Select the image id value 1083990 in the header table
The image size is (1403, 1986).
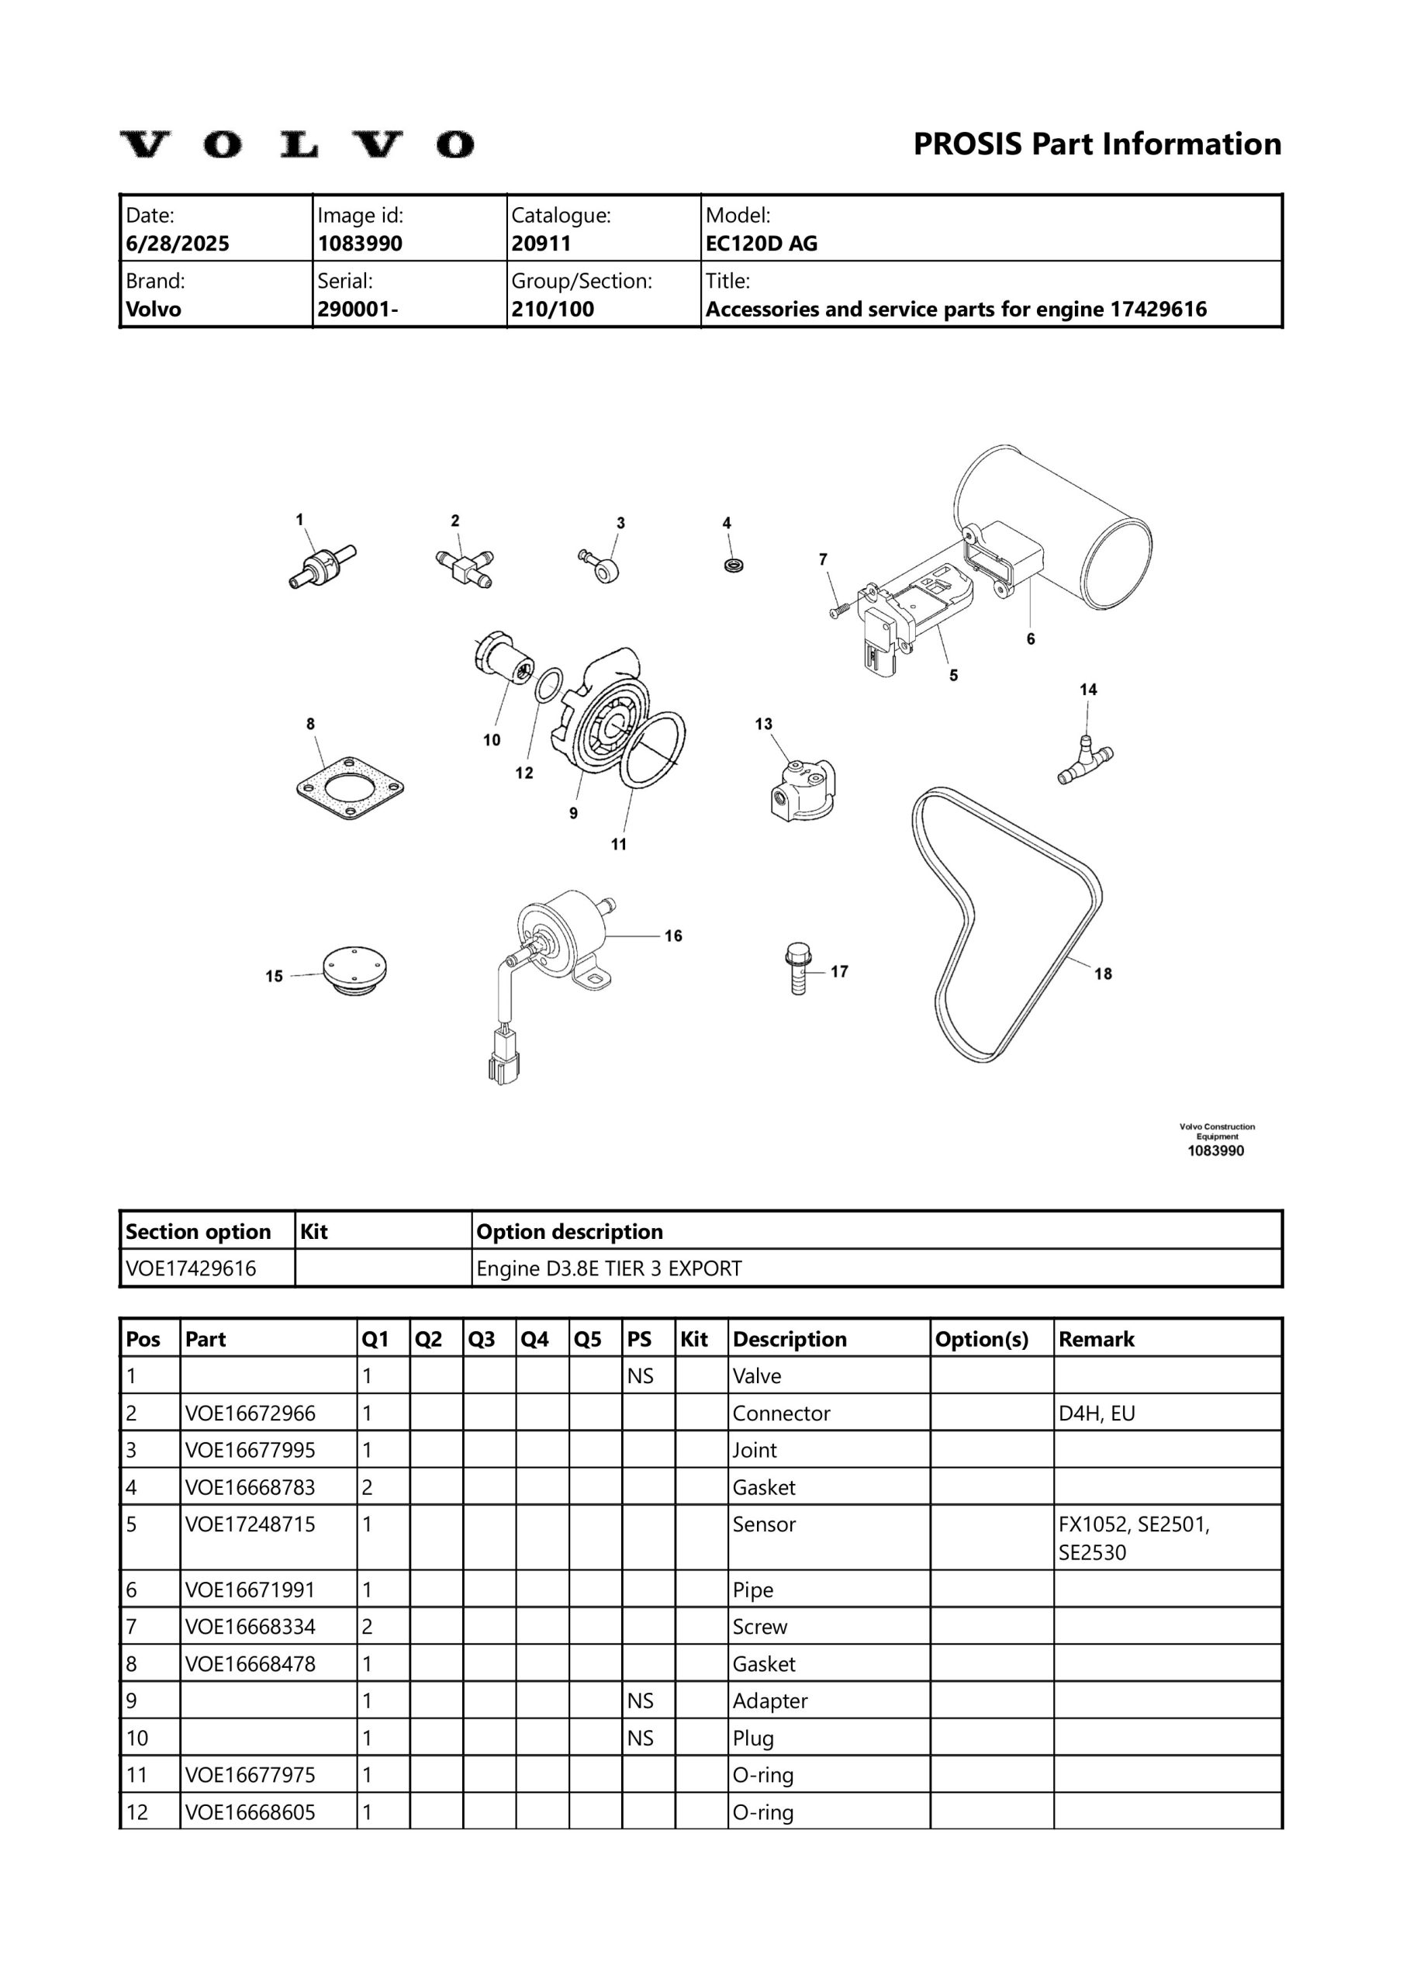tap(360, 244)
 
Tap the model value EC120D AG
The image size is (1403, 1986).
tap(761, 244)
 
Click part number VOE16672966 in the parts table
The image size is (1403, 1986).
tap(250, 1413)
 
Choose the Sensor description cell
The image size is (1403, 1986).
tap(764, 1524)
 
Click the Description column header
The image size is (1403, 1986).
tap(789, 1339)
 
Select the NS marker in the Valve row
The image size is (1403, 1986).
tap(640, 1376)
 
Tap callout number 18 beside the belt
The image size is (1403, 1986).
tap(1103, 974)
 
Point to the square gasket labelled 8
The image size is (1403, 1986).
tap(350, 788)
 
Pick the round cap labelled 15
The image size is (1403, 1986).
tap(354, 971)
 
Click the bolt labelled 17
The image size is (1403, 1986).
tap(797, 969)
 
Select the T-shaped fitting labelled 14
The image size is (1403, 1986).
tap(1085, 760)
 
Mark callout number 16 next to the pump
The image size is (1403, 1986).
tap(673, 936)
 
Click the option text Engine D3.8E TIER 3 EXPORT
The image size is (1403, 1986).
tap(609, 1269)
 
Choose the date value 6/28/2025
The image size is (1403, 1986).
tap(178, 244)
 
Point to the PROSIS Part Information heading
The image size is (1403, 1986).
tap(1097, 144)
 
